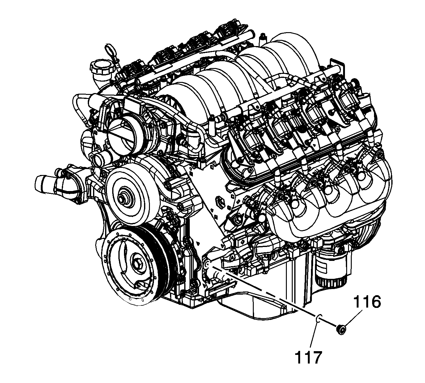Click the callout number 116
(x=367, y=303)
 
